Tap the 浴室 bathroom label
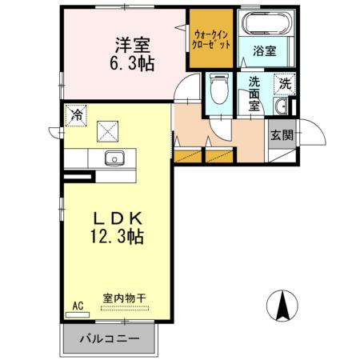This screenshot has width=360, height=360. pyautogui.click(x=266, y=50)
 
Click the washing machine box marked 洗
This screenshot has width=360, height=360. pyautogui.click(x=286, y=82)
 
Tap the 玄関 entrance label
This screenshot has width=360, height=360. pyautogui.click(x=280, y=135)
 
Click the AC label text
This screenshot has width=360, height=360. pyautogui.click(x=78, y=306)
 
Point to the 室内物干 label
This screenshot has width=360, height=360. pyautogui.click(x=124, y=300)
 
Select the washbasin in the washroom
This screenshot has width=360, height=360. pyautogui.click(x=282, y=108)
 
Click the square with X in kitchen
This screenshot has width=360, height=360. pyautogui.click(x=107, y=131)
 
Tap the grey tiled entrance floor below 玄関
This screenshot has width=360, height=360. pyautogui.click(x=280, y=153)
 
